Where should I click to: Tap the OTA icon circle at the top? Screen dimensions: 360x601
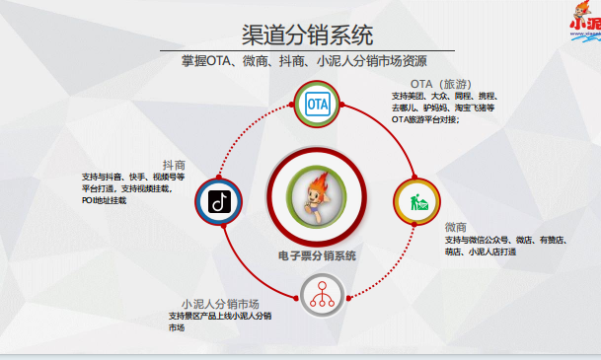[x=317, y=104]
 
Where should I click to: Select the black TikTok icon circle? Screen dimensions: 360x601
[x=219, y=202]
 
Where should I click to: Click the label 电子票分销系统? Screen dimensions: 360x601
[x=317, y=255]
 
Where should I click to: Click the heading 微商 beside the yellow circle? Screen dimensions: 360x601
[x=455, y=226]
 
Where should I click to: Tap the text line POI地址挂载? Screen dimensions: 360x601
[x=104, y=200]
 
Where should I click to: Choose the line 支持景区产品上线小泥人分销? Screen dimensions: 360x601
[x=220, y=316]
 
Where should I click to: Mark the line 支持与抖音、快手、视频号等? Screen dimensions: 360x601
[x=132, y=177]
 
